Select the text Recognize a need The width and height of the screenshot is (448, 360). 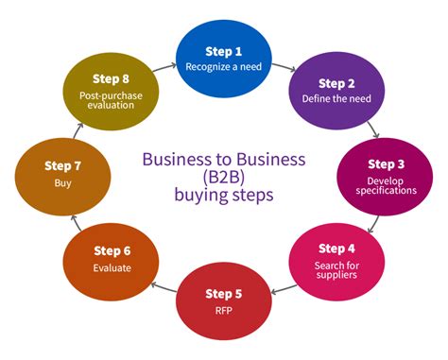click(223, 67)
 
